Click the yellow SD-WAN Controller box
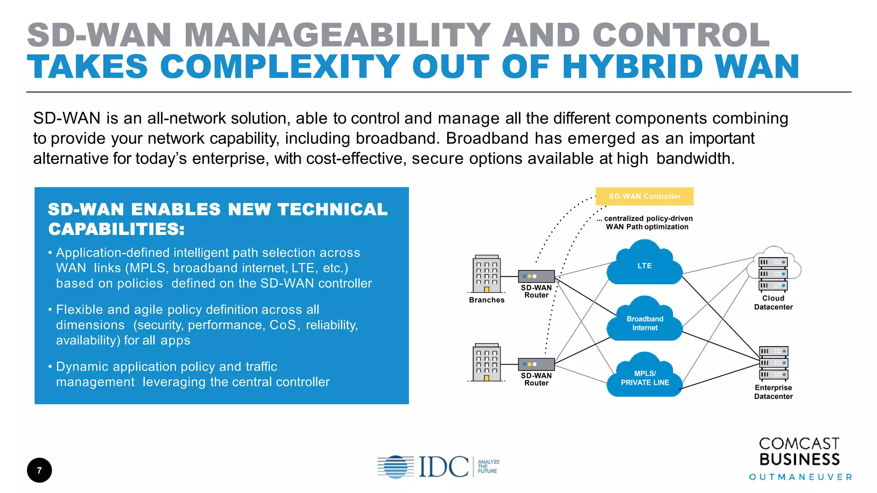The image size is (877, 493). [644, 196]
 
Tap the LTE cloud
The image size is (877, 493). [644, 265]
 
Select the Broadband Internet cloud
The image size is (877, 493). [644, 323]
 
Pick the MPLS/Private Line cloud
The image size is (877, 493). [644, 377]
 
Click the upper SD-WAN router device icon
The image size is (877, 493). [536, 276]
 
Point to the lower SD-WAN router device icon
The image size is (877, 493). [536, 364]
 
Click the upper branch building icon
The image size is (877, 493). [486, 274]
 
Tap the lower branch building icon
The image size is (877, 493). [486, 362]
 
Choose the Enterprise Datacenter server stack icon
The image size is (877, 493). [773, 363]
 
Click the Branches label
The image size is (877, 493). [486, 300]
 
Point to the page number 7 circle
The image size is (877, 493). [39, 470]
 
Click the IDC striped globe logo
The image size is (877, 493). [395, 466]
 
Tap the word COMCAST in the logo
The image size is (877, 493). [799, 443]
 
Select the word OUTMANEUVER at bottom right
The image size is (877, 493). [800, 477]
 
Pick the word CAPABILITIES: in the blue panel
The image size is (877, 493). [116, 229]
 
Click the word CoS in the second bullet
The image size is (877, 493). [283, 325]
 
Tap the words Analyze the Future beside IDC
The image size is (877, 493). [488, 466]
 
